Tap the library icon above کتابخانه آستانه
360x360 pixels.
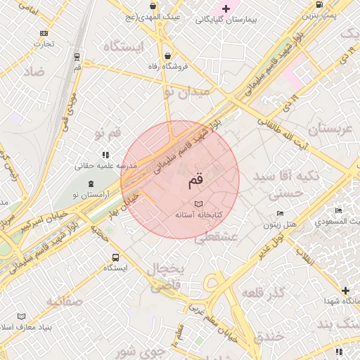[x=198, y=203]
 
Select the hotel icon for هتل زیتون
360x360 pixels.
[x=281, y=214]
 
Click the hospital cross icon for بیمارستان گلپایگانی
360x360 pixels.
[x=226, y=9]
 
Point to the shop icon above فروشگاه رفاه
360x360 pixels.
[x=167, y=56]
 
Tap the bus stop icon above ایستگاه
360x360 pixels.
[x=115, y=257]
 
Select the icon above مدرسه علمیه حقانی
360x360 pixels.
[x=105, y=155]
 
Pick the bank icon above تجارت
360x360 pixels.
[x=44, y=33]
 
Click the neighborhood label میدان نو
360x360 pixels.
[x=186, y=92]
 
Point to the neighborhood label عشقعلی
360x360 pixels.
[x=215, y=238]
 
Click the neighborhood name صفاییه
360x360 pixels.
[x=65, y=302]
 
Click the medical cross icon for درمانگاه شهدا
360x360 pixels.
[x=345, y=290]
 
